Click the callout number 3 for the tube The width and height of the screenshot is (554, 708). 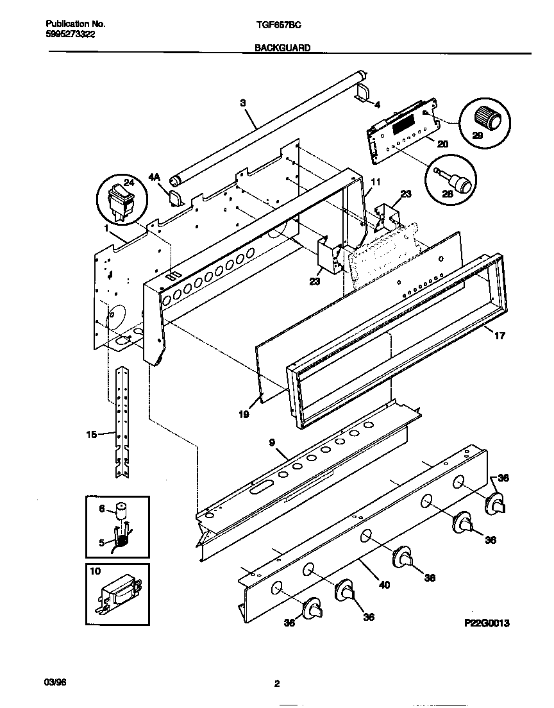[243, 103]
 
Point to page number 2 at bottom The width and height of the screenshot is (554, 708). [277, 684]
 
